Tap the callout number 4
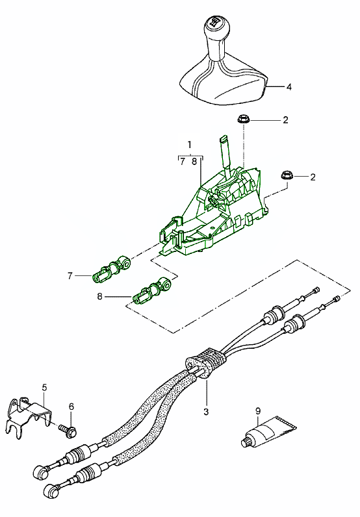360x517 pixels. [x=289, y=86]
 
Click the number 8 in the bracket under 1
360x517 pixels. [x=194, y=162]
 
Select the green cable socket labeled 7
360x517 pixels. [x=112, y=270]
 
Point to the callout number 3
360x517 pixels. [x=207, y=412]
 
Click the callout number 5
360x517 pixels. [x=44, y=388]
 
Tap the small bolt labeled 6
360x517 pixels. [x=66, y=429]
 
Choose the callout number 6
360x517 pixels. [x=71, y=407]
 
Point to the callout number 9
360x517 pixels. [x=257, y=410]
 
